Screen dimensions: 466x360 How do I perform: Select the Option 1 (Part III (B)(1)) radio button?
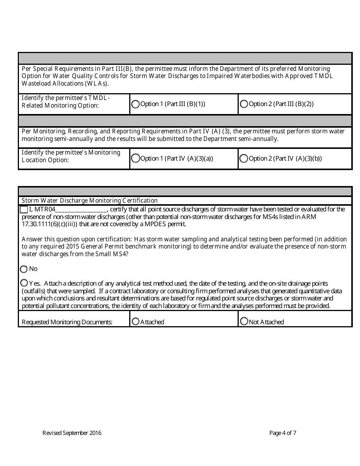coord(135,104)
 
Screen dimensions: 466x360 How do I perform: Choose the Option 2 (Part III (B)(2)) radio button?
coord(244,104)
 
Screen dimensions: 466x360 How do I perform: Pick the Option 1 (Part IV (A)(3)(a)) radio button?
coord(135,159)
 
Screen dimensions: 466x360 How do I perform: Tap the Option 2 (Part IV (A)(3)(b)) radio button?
coord(244,159)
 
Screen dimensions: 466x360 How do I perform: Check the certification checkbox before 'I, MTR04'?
coord(24,210)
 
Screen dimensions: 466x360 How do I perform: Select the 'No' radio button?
coord(24,269)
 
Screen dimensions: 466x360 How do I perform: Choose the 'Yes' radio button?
coord(24,283)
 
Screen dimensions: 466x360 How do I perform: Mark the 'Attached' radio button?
coord(135,322)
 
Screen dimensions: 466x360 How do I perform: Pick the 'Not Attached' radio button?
coord(244,322)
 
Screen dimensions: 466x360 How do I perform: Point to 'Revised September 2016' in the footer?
coord(72,433)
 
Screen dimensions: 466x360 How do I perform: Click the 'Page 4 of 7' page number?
coord(283,433)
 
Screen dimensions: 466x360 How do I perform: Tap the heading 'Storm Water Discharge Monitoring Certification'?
coord(89,200)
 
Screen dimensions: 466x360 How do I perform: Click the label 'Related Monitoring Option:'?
coord(60,106)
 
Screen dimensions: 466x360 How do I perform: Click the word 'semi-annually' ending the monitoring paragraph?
coord(260,139)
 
